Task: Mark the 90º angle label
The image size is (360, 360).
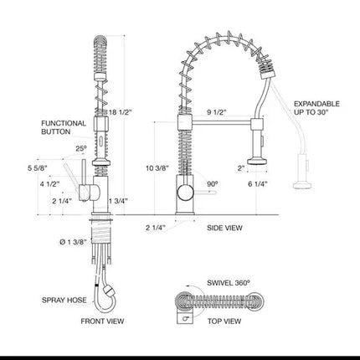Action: (213, 184)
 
